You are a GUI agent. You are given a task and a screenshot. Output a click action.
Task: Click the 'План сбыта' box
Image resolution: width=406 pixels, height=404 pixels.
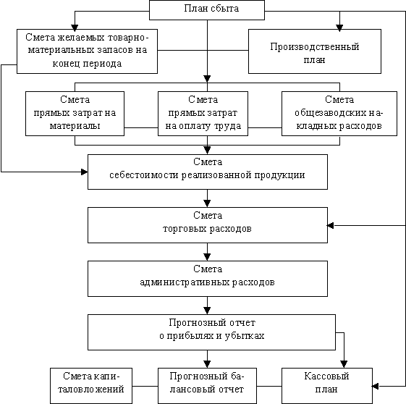tap(207, 10)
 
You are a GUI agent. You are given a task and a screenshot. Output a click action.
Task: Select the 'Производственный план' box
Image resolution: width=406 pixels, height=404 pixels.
tap(315, 51)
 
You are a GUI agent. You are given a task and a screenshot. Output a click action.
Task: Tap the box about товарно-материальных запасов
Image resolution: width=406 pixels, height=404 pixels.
tap(88, 51)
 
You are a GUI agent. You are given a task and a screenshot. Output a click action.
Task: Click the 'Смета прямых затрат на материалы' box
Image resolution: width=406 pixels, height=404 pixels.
tap(75, 114)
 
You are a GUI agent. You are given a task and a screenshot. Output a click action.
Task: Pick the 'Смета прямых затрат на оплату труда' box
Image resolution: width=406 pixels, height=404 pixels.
tap(203, 114)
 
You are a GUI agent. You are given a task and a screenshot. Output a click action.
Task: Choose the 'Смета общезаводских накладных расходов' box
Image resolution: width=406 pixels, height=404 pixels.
tap(339, 114)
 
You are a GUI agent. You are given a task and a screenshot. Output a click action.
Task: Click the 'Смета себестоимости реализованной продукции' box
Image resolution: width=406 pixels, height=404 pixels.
tap(208, 172)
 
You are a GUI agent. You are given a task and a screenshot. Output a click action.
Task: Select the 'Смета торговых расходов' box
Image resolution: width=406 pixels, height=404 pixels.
tap(208, 225)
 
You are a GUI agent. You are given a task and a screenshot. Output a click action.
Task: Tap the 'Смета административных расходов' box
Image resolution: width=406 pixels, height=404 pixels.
tap(208, 279)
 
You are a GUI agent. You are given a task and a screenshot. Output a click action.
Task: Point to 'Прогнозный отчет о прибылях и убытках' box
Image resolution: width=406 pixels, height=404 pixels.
tap(211, 332)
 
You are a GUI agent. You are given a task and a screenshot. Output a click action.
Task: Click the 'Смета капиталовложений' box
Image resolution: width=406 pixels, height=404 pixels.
tap(91, 386)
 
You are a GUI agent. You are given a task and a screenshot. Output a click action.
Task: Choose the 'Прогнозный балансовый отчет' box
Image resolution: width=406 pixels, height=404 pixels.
tap(207, 386)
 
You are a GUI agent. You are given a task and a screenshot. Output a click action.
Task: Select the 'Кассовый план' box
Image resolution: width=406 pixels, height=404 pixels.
tap(327, 386)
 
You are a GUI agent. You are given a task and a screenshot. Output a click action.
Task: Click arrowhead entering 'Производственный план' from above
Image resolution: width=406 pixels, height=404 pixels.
tap(339, 28)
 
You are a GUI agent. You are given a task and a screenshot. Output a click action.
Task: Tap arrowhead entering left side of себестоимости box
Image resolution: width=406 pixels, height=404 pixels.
tap(85, 172)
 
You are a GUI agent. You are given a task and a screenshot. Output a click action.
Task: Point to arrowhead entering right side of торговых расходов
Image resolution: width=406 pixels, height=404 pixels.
tap(331, 226)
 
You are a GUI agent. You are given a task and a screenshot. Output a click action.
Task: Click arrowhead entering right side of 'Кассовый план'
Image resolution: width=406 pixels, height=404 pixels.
tap(376, 386)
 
